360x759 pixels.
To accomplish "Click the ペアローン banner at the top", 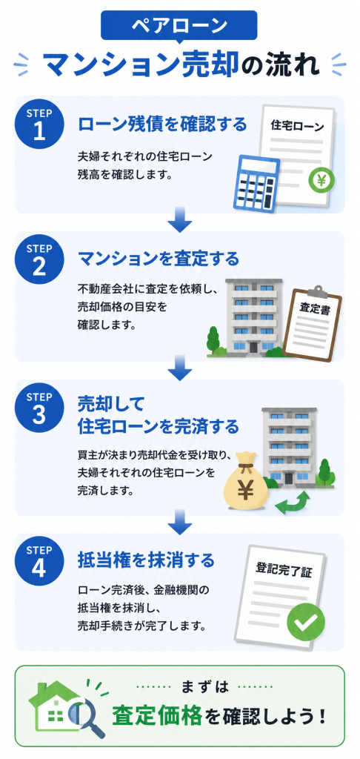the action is tap(179, 25).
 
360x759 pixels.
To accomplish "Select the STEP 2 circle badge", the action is tap(39, 259).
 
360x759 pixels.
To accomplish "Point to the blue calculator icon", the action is tap(256, 182).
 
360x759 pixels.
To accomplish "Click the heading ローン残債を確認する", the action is tap(162, 124).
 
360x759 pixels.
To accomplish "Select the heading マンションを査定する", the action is tap(159, 259).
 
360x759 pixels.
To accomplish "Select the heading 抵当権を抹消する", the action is tap(146, 560).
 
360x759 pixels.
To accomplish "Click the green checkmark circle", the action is tap(306, 623).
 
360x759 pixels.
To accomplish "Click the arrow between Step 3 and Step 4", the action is tap(180, 523).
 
